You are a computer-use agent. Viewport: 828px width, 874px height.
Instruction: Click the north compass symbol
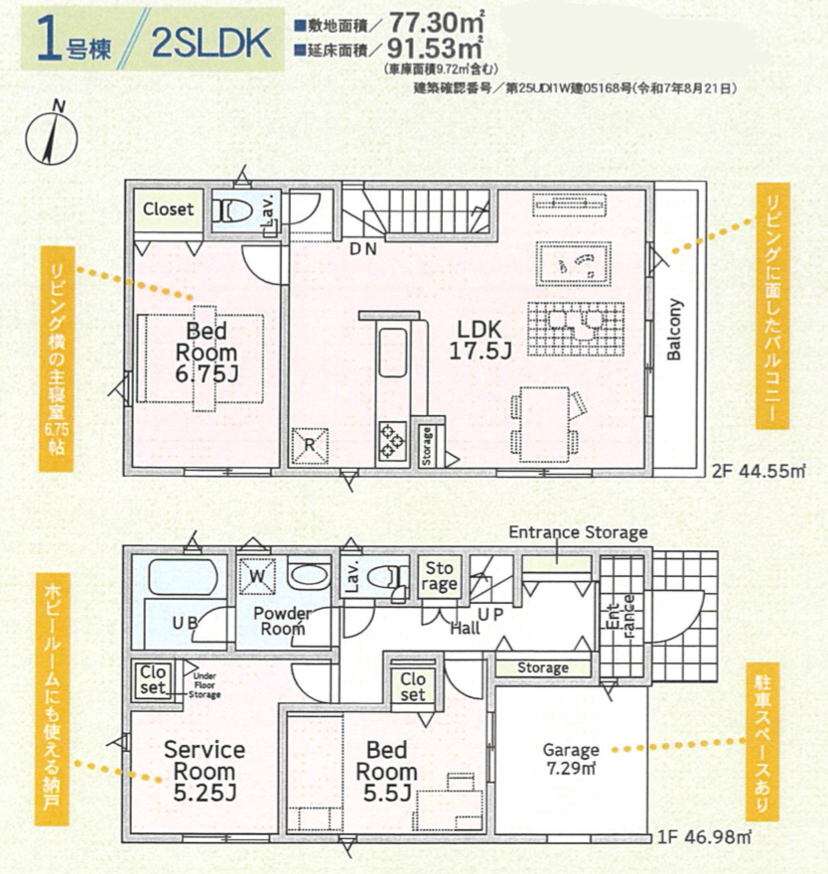pyautogui.click(x=52, y=135)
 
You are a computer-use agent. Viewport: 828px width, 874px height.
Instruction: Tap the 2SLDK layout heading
pyautogui.click(x=211, y=44)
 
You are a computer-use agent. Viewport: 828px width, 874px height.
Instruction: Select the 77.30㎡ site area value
pyautogui.click(x=436, y=24)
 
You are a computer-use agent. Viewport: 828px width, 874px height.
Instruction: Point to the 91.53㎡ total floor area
pyautogui.click(x=435, y=49)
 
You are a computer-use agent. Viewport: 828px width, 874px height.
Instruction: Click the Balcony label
pyautogui.click(x=674, y=330)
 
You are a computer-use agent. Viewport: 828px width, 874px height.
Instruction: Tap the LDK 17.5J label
pyautogui.click(x=480, y=340)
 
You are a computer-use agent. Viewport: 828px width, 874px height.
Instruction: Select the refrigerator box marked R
pyautogui.click(x=310, y=445)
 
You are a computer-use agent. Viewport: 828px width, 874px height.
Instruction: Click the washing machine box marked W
pyautogui.click(x=257, y=576)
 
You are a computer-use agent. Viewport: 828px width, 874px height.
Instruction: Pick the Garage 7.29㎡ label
pyautogui.click(x=571, y=759)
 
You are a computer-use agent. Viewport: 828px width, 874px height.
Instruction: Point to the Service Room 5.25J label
pyautogui.click(x=205, y=772)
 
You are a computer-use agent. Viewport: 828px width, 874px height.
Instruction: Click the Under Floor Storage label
pyautogui.click(x=205, y=685)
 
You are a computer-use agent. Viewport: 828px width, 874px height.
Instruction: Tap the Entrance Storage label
pyautogui.click(x=578, y=532)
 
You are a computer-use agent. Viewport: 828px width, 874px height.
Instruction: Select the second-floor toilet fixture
pyautogui.click(x=234, y=212)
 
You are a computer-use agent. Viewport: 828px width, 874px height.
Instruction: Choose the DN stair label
pyautogui.click(x=363, y=249)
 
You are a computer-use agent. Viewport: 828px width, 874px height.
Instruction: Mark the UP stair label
pyautogui.click(x=490, y=614)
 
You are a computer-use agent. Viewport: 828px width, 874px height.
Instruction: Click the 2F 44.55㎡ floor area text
pyautogui.click(x=759, y=471)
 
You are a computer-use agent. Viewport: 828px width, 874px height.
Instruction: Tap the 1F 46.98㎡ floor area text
pyautogui.click(x=704, y=836)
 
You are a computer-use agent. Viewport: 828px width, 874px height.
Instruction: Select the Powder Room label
pyautogui.click(x=283, y=621)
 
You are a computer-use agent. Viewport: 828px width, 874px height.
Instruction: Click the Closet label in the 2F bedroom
pyautogui.click(x=168, y=210)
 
